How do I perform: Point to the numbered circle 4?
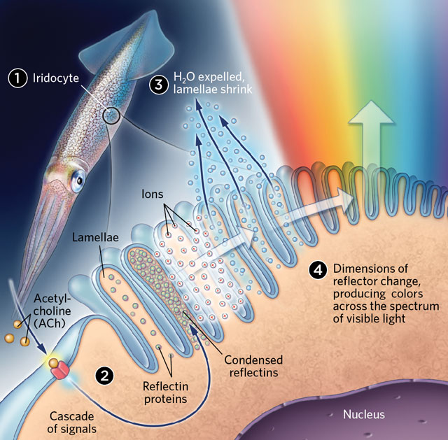pyautogui.click(x=318, y=269)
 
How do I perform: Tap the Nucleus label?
pyautogui.click(x=363, y=415)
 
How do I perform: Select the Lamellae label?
pyautogui.click(x=94, y=237)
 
